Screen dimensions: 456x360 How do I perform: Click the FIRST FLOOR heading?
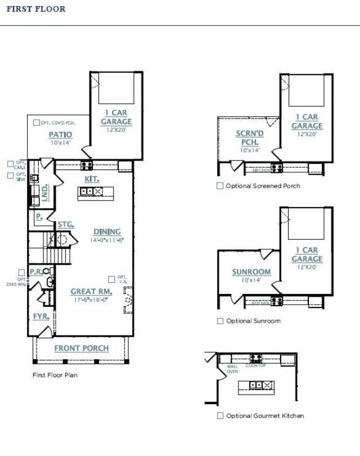coord(36,9)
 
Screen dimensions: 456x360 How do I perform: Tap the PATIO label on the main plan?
coord(60,135)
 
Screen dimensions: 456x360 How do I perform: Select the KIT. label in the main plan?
coord(92,178)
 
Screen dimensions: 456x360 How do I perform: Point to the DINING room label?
coord(107,231)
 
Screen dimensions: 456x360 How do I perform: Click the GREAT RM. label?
coord(91,292)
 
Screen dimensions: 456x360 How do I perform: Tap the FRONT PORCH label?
coord(82,348)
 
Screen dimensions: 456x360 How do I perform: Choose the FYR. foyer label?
coord(40,316)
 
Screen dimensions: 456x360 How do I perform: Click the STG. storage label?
coord(66,225)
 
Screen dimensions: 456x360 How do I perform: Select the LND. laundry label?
coord(45,193)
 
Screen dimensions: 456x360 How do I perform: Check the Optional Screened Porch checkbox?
coord(220,186)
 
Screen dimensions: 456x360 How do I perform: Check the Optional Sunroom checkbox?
coord(220,321)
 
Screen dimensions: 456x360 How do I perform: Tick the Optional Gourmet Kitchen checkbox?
coord(220,415)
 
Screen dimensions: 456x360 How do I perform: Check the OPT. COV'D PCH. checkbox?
coord(37,122)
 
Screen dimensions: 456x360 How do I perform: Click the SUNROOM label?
coord(251,272)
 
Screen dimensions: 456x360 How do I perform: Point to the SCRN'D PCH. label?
coord(250,138)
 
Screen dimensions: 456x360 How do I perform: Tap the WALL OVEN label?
coord(232,369)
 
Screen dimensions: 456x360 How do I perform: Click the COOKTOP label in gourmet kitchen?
coord(256,365)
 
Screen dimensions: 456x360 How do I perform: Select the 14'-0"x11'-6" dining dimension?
coord(107,239)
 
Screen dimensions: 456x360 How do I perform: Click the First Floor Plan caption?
coord(55,374)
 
